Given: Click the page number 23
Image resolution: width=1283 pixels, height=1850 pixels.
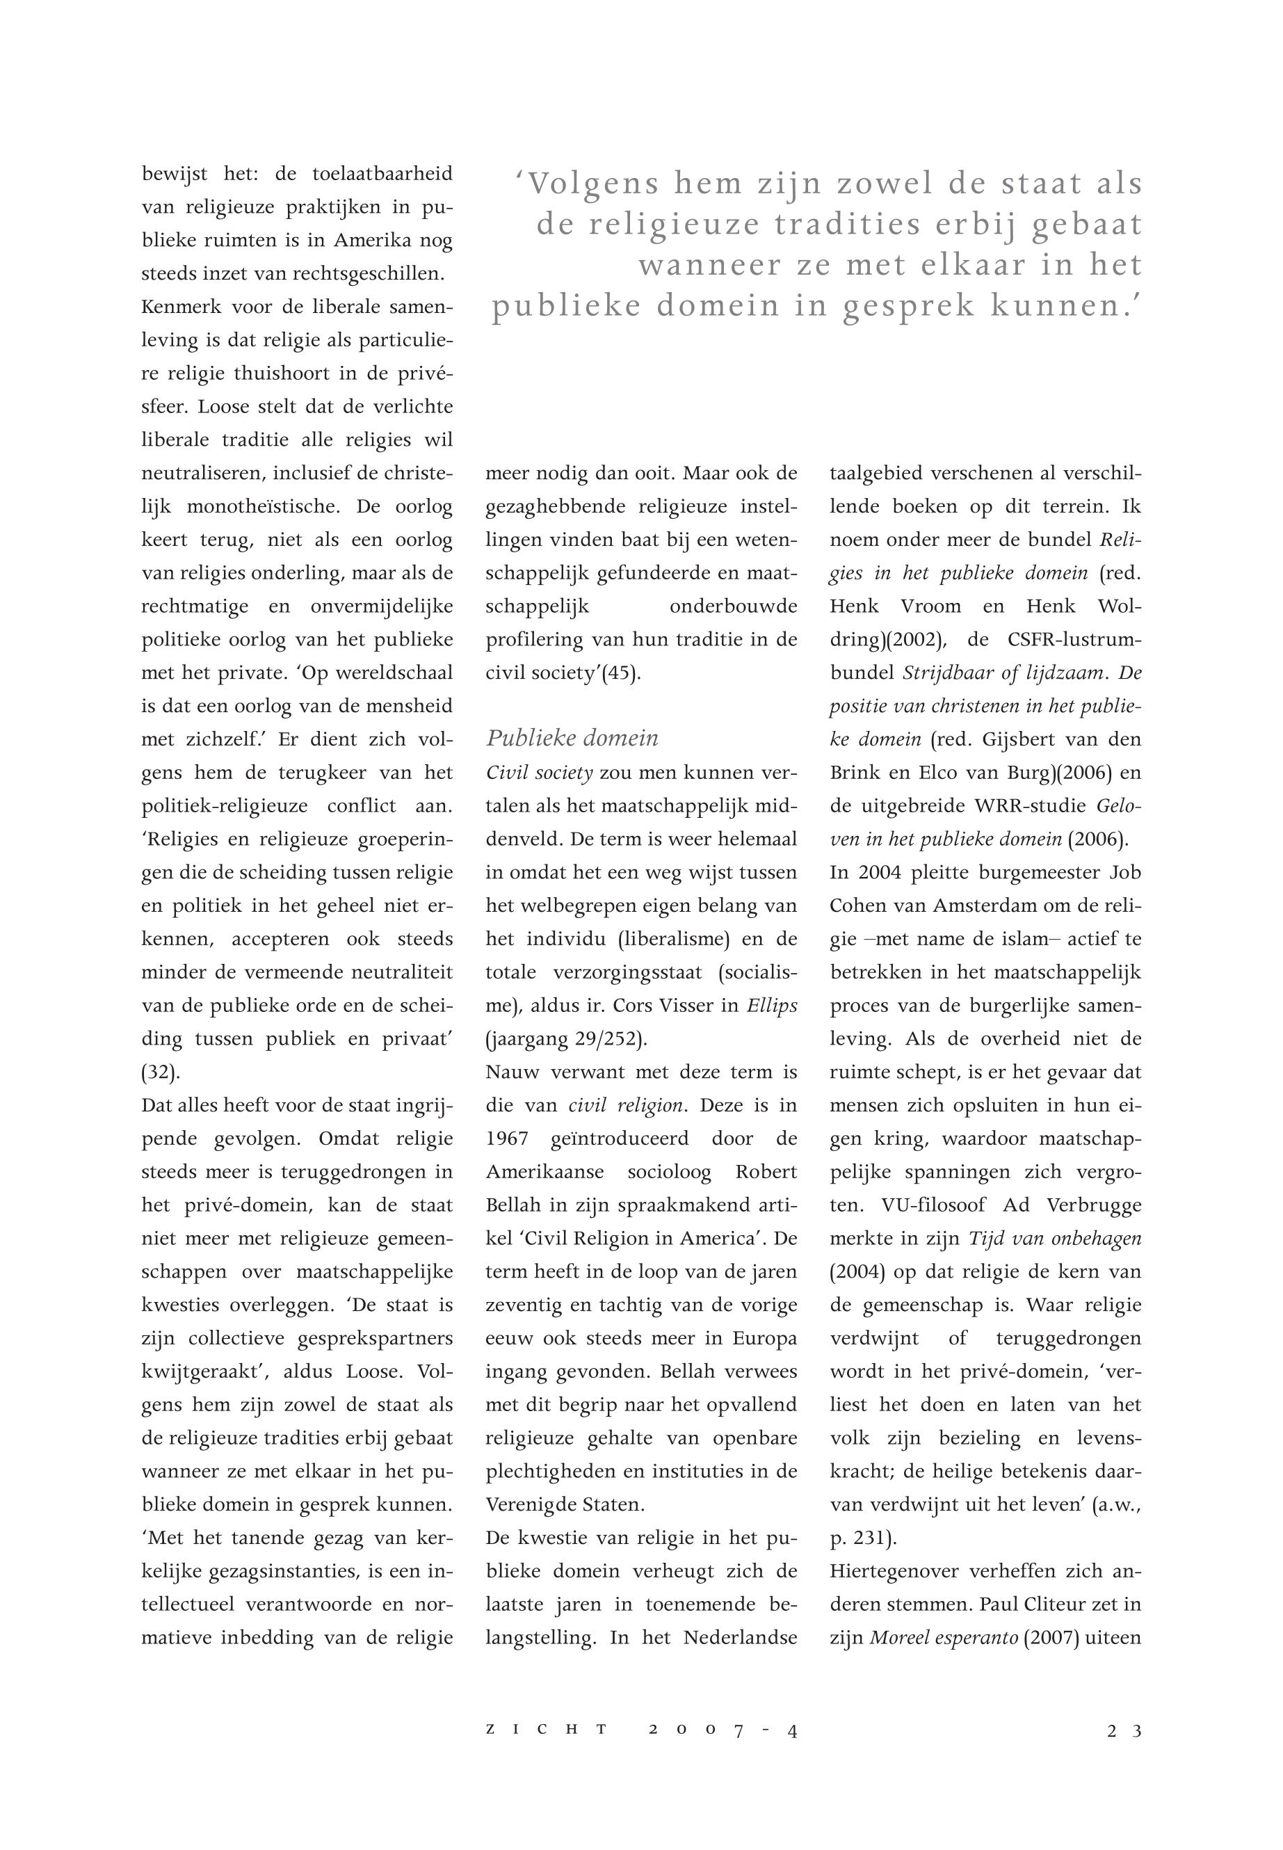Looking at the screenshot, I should tap(1124, 1732).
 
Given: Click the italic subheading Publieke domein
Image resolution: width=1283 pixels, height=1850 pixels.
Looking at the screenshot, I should tap(572, 738).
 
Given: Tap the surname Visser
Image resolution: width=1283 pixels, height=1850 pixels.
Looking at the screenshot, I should tap(691, 1006).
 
